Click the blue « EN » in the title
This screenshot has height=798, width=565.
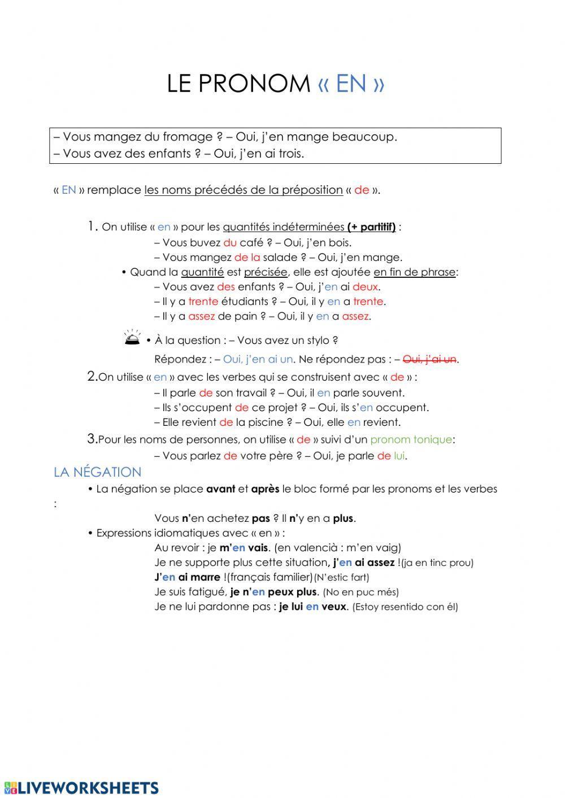pos(351,84)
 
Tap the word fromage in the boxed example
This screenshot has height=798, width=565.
pos(188,137)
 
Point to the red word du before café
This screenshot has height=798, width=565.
pos(230,243)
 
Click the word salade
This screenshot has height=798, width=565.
pos(280,258)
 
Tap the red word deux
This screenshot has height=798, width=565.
pos(365,287)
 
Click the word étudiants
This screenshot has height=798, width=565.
pos(245,302)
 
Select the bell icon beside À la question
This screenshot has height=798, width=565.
pos(132,338)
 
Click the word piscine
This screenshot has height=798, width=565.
pos(264,422)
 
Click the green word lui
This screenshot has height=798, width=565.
pos(399,456)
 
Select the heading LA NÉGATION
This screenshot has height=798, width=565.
pos(97,472)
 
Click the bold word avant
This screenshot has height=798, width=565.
pos(220,489)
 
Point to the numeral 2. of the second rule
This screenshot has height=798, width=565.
pos(92,377)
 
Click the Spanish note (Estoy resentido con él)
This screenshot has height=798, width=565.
pos(405,607)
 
